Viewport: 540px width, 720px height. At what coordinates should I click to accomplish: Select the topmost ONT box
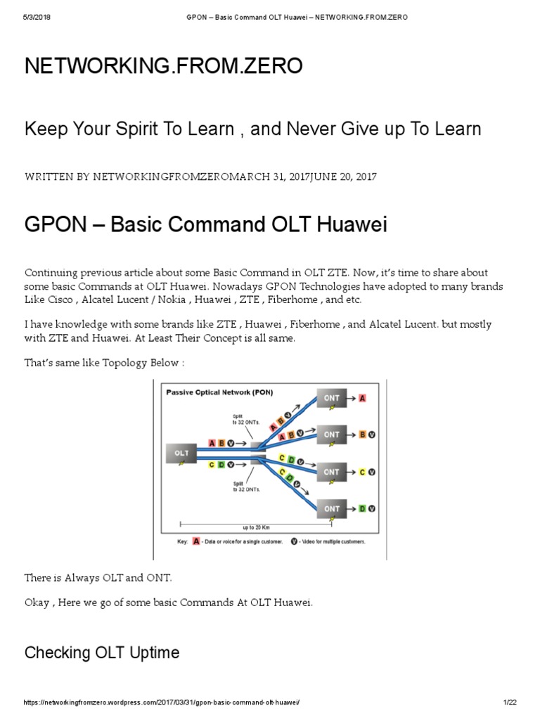tap(332, 398)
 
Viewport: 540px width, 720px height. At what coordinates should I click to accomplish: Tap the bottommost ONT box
tap(332, 508)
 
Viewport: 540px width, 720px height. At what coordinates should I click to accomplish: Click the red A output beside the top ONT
tap(362, 399)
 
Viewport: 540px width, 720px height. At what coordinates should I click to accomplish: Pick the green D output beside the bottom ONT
tap(362, 508)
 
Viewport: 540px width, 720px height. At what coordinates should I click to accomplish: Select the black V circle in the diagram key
tap(294, 542)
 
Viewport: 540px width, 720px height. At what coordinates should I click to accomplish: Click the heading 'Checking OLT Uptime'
tap(102, 653)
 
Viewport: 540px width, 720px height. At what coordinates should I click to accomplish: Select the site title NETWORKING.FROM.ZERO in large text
tap(164, 66)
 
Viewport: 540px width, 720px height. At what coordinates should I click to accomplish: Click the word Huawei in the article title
tap(349, 225)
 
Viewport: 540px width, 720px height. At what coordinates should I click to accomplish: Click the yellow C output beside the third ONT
tap(362, 472)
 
